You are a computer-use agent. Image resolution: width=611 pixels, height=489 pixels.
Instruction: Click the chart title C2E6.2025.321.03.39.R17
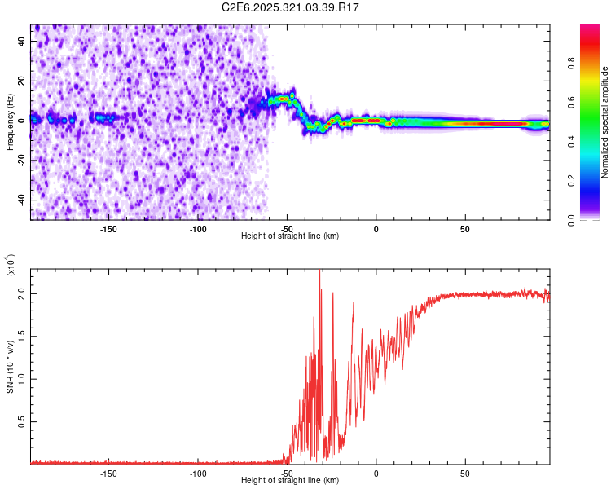[291, 7]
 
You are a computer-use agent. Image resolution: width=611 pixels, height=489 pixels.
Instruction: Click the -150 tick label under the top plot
[108, 228]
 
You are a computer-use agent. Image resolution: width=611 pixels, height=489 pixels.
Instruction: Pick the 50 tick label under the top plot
[464, 228]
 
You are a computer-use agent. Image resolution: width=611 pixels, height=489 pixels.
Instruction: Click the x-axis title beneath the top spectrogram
[290, 236]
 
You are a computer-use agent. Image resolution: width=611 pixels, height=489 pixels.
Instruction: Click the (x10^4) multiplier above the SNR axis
[11, 265]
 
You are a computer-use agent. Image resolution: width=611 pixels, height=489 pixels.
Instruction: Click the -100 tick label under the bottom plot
[197, 473]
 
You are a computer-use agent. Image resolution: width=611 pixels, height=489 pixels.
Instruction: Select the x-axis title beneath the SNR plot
[290, 481]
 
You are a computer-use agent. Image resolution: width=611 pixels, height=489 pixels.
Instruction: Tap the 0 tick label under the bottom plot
[376, 473]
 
